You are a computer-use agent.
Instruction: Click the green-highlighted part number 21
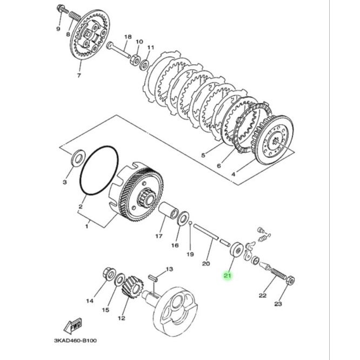coord(227,275)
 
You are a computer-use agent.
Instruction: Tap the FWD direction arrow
coord(72,325)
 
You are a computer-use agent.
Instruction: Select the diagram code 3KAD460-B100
coord(75,340)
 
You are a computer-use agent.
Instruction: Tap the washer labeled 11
coord(144,64)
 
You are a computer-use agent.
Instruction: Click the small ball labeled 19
coord(190,222)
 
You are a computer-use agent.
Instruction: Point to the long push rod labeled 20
coord(206,232)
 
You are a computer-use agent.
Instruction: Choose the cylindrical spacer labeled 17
coord(168,210)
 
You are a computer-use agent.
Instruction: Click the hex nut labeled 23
coord(291,280)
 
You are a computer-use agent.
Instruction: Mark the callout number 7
coord(79,75)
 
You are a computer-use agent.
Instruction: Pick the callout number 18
coord(128,37)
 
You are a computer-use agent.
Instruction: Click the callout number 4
coord(233,174)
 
